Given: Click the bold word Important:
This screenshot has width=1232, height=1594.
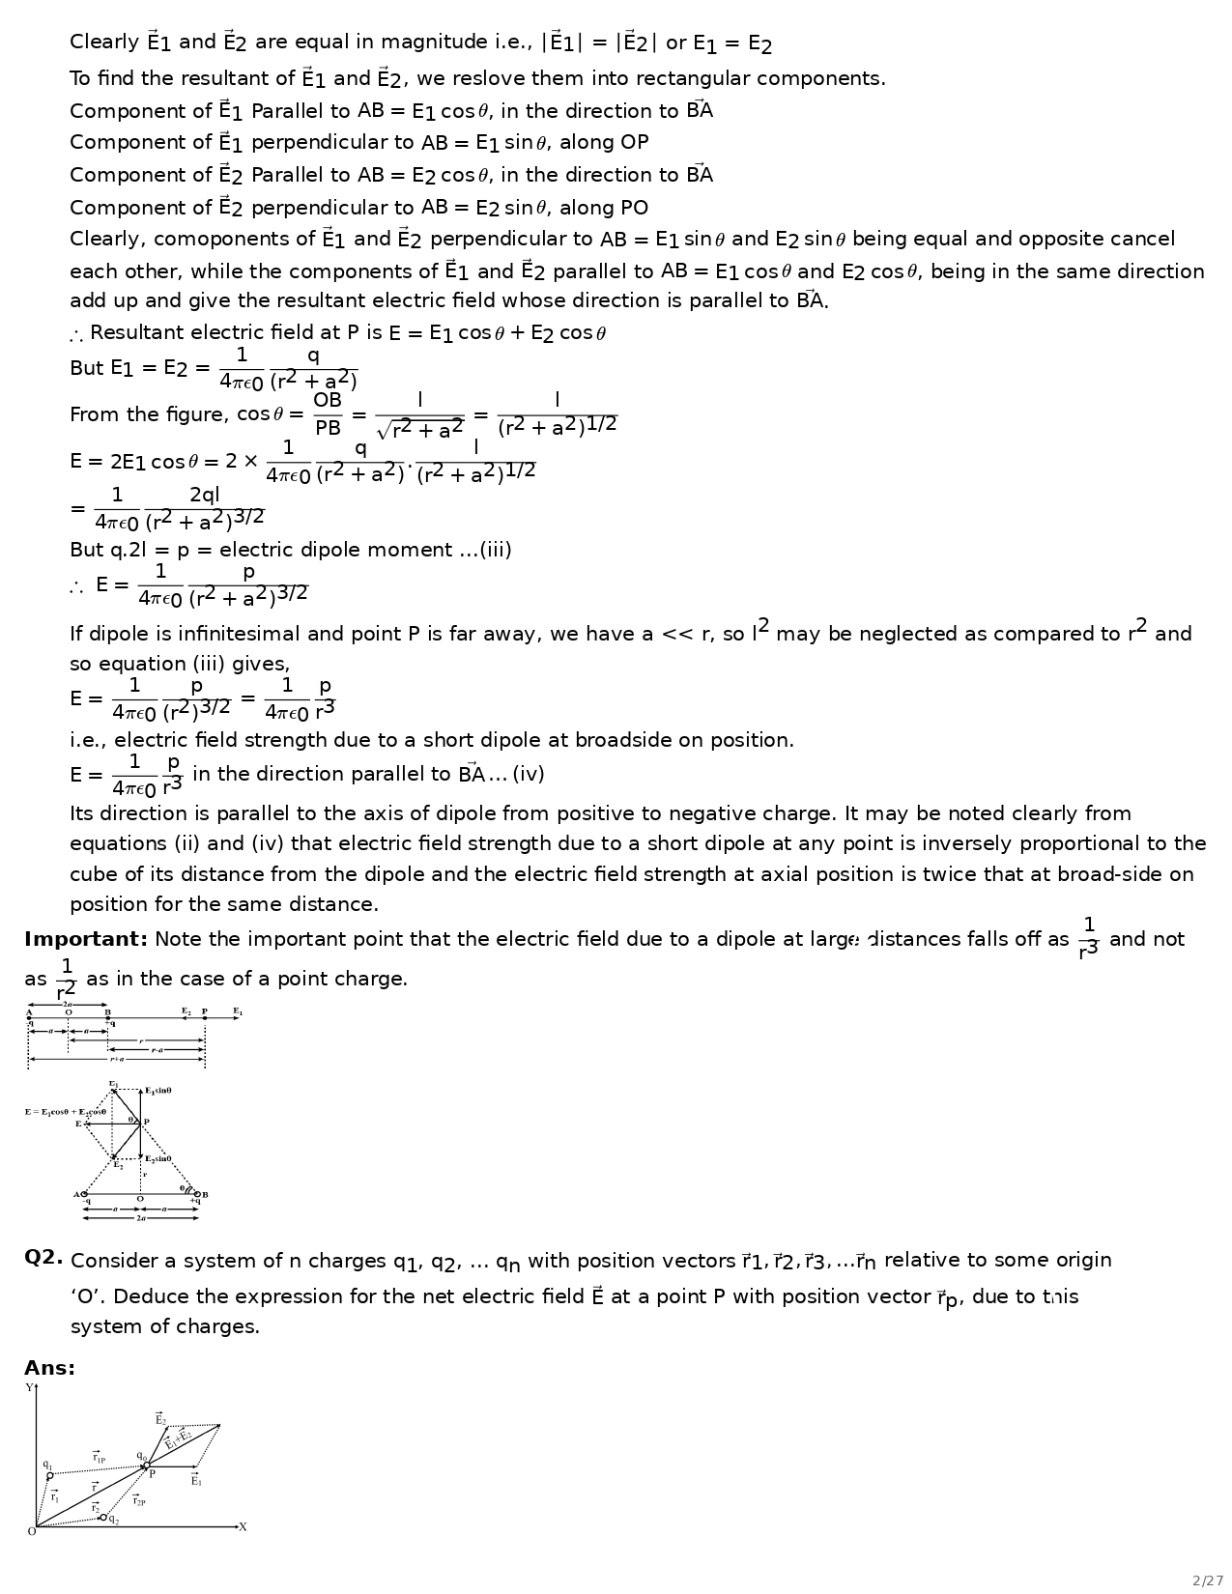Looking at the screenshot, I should click(86, 939).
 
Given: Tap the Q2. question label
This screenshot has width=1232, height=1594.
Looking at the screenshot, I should click(43, 1258).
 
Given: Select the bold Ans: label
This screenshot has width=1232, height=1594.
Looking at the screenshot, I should click(49, 1368).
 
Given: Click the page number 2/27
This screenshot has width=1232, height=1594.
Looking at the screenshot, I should click(1208, 1580).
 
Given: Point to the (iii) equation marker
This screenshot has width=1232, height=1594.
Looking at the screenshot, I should click(496, 550).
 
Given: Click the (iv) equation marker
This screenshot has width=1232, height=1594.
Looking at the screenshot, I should click(529, 774).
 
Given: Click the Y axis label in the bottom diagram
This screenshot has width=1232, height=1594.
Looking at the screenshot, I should click(29, 1388).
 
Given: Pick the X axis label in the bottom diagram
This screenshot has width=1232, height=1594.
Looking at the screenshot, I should click(243, 1527).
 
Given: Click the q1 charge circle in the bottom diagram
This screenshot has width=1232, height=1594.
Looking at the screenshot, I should click(50, 1475).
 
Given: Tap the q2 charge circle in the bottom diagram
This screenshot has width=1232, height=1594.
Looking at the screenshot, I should click(103, 1518).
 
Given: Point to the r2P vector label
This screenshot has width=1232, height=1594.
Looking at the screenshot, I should click(138, 1500).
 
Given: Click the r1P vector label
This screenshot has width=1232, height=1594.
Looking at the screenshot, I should click(100, 1458).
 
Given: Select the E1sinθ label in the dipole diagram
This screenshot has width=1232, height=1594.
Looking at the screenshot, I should click(158, 1091).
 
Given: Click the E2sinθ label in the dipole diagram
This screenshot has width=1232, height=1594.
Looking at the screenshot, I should click(158, 1158).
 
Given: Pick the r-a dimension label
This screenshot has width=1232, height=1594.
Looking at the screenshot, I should click(157, 1050).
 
